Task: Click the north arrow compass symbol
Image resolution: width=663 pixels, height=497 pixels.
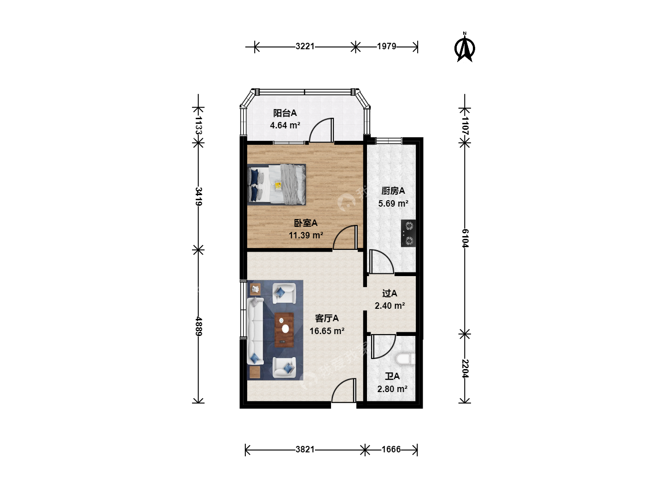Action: (465, 48)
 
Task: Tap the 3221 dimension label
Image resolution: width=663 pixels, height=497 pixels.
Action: (305, 46)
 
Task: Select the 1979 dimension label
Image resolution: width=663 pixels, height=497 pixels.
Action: (387, 46)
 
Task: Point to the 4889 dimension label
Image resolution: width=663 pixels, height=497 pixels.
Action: (198, 326)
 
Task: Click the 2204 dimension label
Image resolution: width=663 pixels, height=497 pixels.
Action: (465, 369)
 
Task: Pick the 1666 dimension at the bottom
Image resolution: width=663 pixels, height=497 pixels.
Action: (391, 450)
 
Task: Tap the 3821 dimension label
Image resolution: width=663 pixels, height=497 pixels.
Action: (305, 450)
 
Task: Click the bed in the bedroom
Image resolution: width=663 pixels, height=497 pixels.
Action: (276, 185)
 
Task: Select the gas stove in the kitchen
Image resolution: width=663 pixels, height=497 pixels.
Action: (408, 233)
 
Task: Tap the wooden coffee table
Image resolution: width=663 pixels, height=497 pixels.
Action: (284, 329)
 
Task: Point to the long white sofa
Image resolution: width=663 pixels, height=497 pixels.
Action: (255, 331)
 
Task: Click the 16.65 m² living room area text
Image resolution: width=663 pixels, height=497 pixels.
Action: (327, 331)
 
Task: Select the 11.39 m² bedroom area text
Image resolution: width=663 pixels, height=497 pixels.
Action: (306, 235)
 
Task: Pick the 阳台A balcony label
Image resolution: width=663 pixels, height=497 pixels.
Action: (285, 113)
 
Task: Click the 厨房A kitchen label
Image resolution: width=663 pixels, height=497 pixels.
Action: (393, 191)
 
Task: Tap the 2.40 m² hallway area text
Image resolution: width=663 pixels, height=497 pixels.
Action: (390, 306)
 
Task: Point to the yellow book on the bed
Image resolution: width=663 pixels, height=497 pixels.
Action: (278, 185)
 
